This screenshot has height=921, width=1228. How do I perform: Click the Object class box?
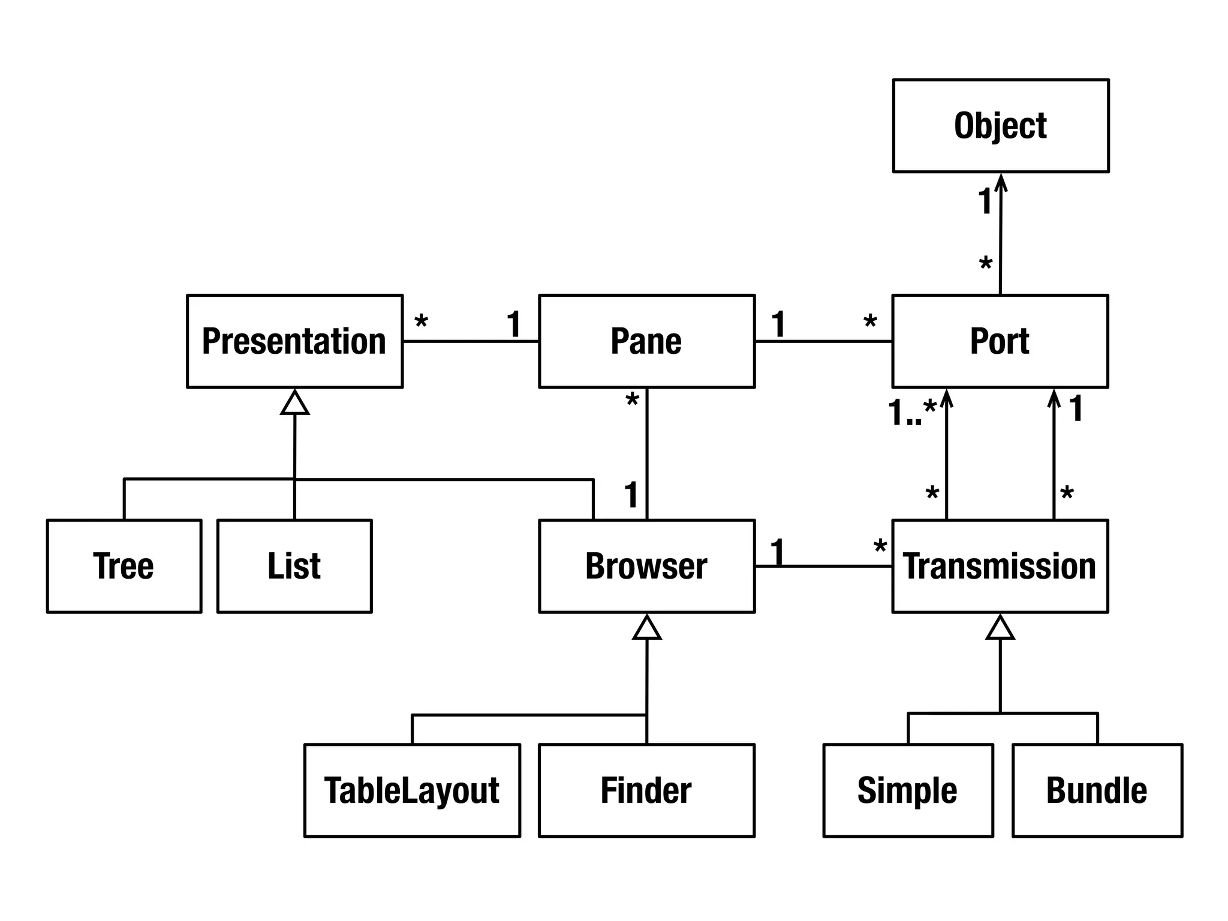1000,126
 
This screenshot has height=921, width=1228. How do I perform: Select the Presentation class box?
294,341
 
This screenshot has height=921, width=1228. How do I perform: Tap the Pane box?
646,341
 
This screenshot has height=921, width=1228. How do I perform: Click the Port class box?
1000,341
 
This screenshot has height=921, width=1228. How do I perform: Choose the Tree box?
124,566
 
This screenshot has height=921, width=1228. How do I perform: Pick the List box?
294,566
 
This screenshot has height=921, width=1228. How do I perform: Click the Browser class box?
646,566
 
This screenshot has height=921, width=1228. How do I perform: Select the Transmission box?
1000,566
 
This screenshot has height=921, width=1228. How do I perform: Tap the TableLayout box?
412,790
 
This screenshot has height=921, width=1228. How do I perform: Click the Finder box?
646,790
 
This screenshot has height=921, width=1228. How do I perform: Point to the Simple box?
908,790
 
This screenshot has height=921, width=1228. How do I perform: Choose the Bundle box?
1097,790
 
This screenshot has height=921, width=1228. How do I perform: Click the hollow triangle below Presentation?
294,403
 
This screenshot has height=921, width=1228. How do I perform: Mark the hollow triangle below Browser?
646,628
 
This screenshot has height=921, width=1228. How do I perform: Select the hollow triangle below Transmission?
1000,628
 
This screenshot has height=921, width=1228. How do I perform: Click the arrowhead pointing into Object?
1001,182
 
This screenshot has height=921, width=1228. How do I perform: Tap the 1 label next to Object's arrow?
985,201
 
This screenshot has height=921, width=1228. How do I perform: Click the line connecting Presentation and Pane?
470,341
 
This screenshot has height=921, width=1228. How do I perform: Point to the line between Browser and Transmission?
823,566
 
